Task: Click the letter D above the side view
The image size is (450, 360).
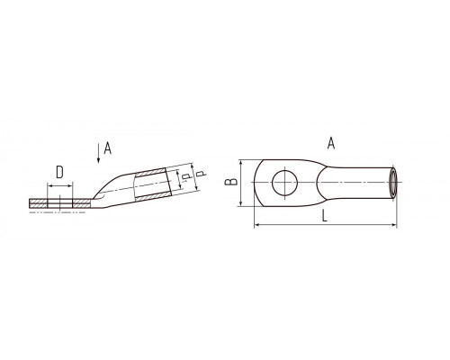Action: (x=59, y=173)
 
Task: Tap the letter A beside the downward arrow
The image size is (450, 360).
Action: (x=107, y=148)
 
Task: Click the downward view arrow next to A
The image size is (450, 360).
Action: (x=98, y=154)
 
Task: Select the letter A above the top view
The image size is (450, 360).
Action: (x=331, y=143)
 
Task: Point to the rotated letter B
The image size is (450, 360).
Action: (x=231, y=182)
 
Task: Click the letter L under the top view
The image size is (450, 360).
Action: (x=324, y=215)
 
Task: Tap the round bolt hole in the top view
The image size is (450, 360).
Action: (x=284, y=183)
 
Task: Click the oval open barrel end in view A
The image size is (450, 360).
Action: (x=393, y=183)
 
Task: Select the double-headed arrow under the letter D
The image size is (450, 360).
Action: (x=60, y=186)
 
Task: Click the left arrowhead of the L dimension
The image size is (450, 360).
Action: (x=256, y=224)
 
